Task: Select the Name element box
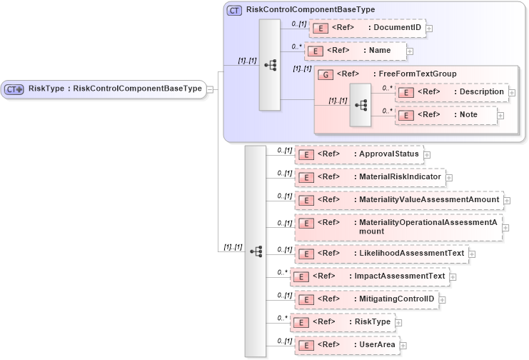point(355,51)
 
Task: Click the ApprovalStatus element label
point(389,154)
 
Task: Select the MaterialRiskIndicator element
point(369,176)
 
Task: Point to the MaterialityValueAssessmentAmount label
point(429,199)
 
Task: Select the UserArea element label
point(378,344)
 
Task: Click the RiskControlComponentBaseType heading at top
point(310,9)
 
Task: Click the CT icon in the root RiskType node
point(15,89)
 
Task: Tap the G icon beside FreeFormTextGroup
point(325,74)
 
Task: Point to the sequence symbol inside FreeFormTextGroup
point(361,104)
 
